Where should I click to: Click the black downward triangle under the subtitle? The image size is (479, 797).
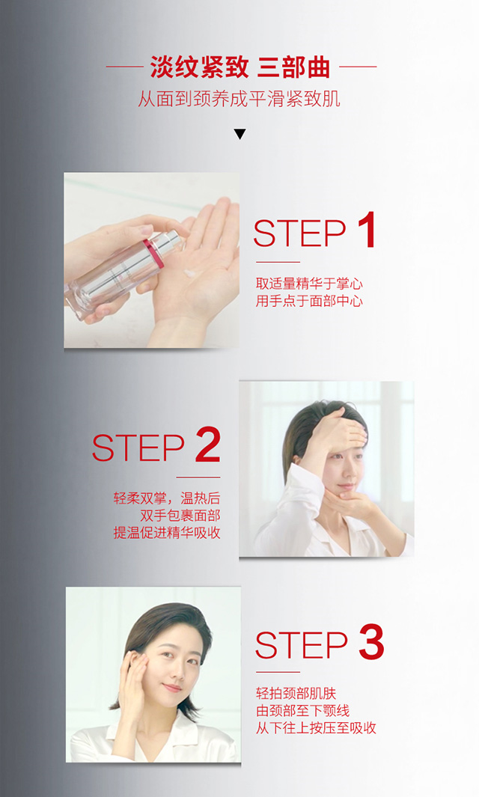pos(239,134)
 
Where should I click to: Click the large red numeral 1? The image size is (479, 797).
pos(367,230)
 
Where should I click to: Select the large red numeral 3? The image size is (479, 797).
pos(371,641)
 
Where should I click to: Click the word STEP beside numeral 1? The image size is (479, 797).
pos(299,233)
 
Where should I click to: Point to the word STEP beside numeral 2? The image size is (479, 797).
pos(138,448)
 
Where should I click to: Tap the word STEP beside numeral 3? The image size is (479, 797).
pos(301,645)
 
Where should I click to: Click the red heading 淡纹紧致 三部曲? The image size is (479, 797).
pos(240,67)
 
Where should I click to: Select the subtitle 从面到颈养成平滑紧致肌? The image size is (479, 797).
pos(239,99)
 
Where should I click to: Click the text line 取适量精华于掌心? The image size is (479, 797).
pos(309,284)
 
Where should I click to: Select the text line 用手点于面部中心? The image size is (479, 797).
pos(309,301)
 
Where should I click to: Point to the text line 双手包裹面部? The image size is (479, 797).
pos(180,516)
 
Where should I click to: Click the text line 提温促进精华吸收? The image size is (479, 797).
pos(167,533)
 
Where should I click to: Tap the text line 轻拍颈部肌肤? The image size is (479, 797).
pos(296,693)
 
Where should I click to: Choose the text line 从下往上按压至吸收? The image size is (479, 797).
pos(316,728)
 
